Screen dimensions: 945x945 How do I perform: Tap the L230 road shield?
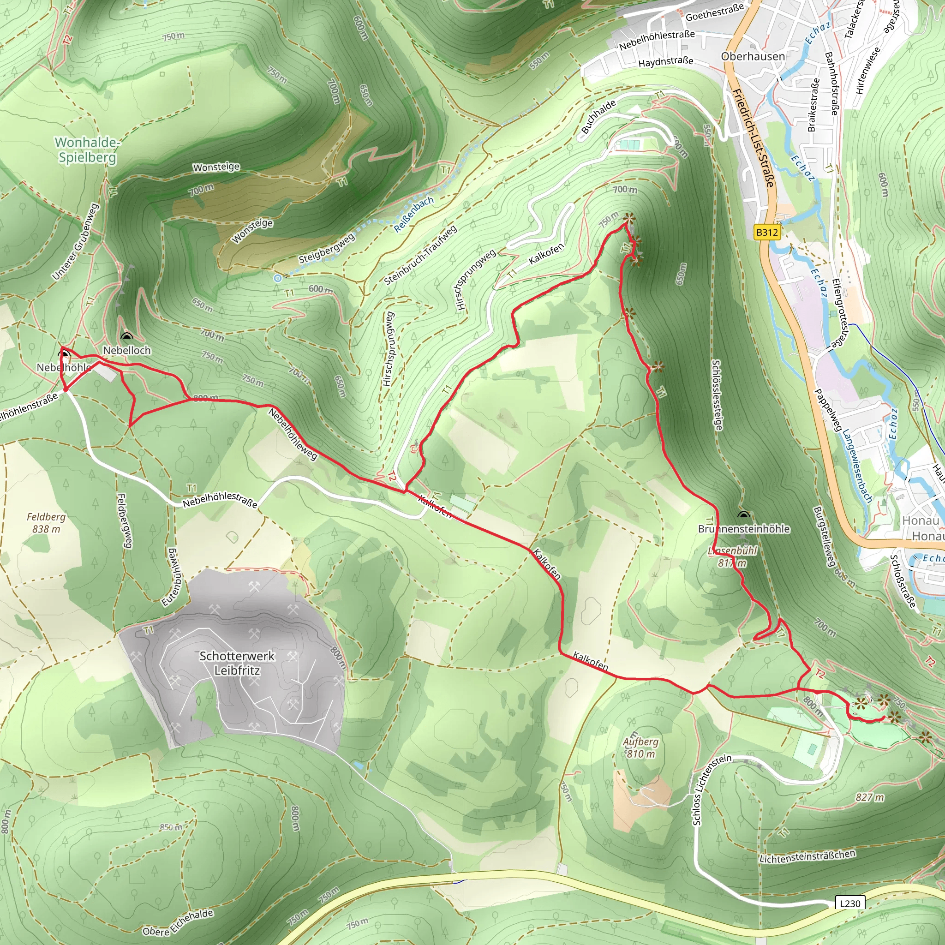click(849, 903)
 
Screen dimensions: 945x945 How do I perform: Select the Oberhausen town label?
click(753, 56)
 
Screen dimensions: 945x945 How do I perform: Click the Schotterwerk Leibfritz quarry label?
click(237, 663)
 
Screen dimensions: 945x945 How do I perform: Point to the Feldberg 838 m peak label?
click(46, 522)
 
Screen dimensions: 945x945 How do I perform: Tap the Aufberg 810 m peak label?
click(640, 748)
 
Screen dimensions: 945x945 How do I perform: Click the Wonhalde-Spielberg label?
click(87, 150)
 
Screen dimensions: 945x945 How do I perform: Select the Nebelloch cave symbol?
click(127, 336)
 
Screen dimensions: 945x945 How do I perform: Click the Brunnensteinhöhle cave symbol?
click(743, 515)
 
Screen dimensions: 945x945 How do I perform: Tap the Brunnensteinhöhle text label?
click(743, 529)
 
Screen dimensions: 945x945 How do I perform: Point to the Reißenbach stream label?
click(414, 214)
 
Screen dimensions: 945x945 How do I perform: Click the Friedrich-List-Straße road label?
click(753, 138)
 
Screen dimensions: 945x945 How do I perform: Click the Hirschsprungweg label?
click(475, 280)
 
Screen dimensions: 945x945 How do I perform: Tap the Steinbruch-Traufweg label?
click(420, 255)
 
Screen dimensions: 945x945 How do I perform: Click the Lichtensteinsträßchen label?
click(807, 856)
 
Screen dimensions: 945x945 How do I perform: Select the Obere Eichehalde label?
click(178, 922)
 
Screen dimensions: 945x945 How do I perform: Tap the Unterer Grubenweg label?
click(75, 242)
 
